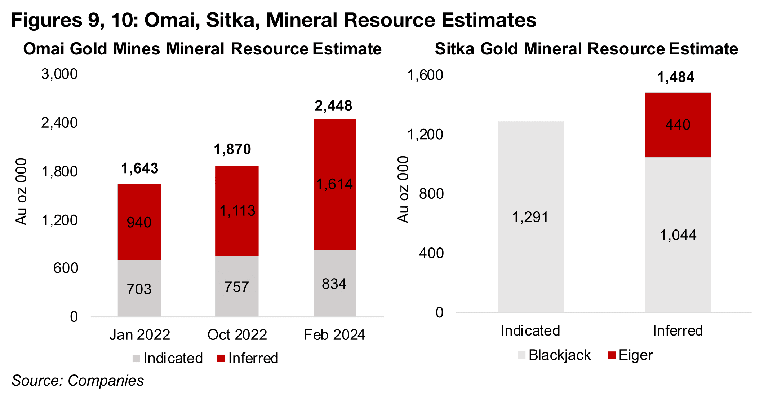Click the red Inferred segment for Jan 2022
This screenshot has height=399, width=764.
click(x=139, y=222)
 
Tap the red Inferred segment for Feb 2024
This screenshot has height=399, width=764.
click(x=334, y=184)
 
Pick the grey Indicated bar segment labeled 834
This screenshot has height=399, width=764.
click(x=334, y=283)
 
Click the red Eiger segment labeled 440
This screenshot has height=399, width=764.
click(x=678, y=125)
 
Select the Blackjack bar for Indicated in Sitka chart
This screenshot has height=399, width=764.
click(x=530, y=216)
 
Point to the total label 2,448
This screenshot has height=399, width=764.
click(x=333, y=106)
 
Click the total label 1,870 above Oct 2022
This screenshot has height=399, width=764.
click(x=232, y=149)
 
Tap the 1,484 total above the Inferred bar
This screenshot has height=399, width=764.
click(x=676, y=77)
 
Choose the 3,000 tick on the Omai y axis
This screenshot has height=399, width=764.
click(x=59, y=74)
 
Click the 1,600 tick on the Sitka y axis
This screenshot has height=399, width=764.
click(x=425, y=75)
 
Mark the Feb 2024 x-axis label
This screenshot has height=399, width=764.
click(x=334, y=335)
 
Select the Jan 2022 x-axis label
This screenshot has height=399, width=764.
click(x=139, y=335)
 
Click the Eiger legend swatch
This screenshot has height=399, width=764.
click(x=612, y=355)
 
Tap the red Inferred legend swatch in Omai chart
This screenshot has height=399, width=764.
click(x=221, y=358)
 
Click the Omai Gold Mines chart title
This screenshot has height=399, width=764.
click(x=202, y=49)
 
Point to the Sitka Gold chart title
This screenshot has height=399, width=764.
click(x=586, y=49)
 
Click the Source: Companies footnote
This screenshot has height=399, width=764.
click(x=78, y=381)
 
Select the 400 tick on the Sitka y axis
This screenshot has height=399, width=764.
click(x=431, y=253)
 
